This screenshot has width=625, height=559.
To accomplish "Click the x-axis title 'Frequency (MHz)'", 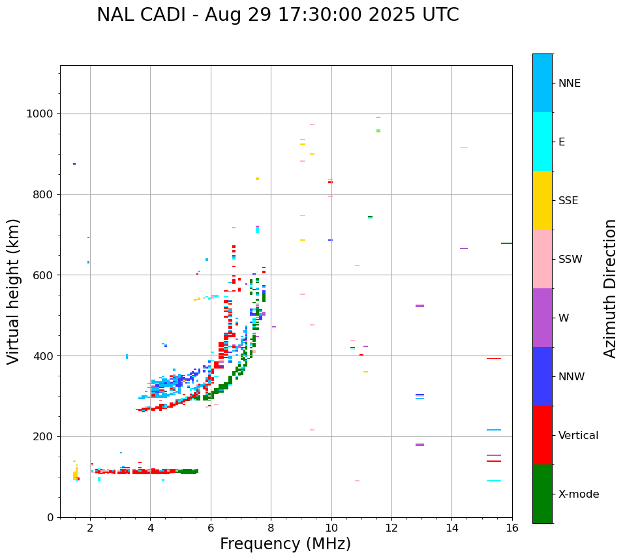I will [285, 544].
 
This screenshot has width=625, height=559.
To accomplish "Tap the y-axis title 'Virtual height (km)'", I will [14, 291].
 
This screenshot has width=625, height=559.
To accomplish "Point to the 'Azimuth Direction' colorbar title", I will [610, 288].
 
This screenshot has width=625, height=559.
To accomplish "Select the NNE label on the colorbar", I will [569, 83].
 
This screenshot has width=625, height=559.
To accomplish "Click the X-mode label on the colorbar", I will [578, 494].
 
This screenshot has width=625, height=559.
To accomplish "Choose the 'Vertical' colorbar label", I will [578, 436].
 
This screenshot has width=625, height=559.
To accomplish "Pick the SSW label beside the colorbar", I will [570, 260].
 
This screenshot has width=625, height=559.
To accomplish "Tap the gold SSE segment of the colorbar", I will [542, 200].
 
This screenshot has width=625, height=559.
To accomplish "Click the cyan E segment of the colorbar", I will [542, 142].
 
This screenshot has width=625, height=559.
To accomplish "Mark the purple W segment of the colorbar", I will [542, 318].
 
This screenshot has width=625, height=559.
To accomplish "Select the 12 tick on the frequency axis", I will [391, 527].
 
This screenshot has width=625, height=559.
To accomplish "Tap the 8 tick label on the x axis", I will [271, 527].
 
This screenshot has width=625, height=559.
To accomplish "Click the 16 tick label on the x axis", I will [511, 527].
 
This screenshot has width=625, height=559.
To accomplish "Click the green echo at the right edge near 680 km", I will [506, 243].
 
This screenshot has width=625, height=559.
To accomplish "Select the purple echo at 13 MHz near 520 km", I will [419, 306].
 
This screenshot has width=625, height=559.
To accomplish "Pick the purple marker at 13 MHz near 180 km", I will [419, 445].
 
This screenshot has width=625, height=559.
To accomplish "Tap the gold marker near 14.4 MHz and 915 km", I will [464, 148].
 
